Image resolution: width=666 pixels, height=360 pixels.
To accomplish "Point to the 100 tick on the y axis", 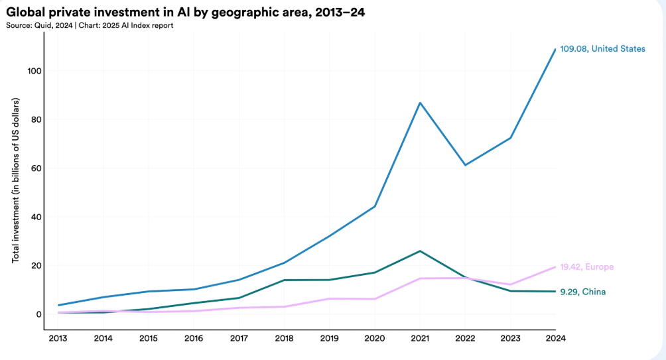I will point(33,71).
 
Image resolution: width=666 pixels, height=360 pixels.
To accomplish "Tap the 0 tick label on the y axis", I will point(38,314).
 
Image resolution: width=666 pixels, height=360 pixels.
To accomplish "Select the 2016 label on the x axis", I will point(194,338).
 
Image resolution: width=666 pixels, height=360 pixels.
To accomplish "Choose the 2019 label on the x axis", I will point(329,338).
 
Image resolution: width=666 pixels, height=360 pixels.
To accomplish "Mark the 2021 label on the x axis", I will point(419,338).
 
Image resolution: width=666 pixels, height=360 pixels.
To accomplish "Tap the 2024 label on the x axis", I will point(555,338).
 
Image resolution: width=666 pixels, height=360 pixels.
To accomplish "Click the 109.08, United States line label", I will point(602,49).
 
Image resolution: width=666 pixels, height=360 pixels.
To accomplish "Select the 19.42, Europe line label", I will point(586,267).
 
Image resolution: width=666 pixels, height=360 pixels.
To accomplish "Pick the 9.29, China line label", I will point(582,292).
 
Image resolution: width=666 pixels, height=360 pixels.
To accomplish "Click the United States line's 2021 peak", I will point(419,103).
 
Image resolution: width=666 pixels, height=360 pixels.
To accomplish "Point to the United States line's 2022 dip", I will point(465,165).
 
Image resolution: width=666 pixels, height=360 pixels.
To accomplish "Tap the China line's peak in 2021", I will point(419,251).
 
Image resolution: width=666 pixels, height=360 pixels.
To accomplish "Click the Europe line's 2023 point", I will point(509,284).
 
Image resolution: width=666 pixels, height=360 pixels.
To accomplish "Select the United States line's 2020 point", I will point(375,206).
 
